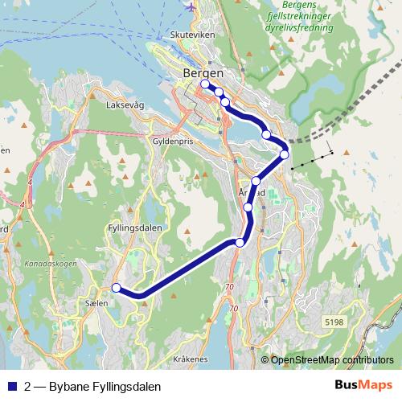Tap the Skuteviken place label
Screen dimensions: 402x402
click(191, 35)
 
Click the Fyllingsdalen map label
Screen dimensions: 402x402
click(134, 228)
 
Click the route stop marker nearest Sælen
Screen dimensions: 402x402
click(117, 287)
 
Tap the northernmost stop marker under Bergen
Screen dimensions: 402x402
click(204, 84)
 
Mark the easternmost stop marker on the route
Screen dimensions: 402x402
click(284, 154)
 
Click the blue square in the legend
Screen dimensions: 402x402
click(10, 387)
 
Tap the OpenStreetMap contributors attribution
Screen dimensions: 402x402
click(332, 360)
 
